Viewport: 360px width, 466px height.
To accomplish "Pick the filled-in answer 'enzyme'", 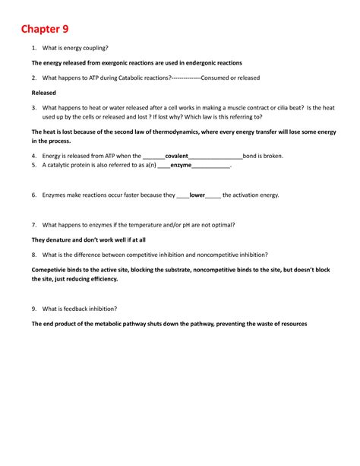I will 181,165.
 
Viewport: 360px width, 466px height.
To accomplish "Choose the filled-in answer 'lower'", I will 197,195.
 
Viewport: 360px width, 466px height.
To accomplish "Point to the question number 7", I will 34,225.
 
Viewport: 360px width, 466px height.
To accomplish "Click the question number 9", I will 34,309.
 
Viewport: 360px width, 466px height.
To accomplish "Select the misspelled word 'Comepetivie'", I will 49,270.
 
